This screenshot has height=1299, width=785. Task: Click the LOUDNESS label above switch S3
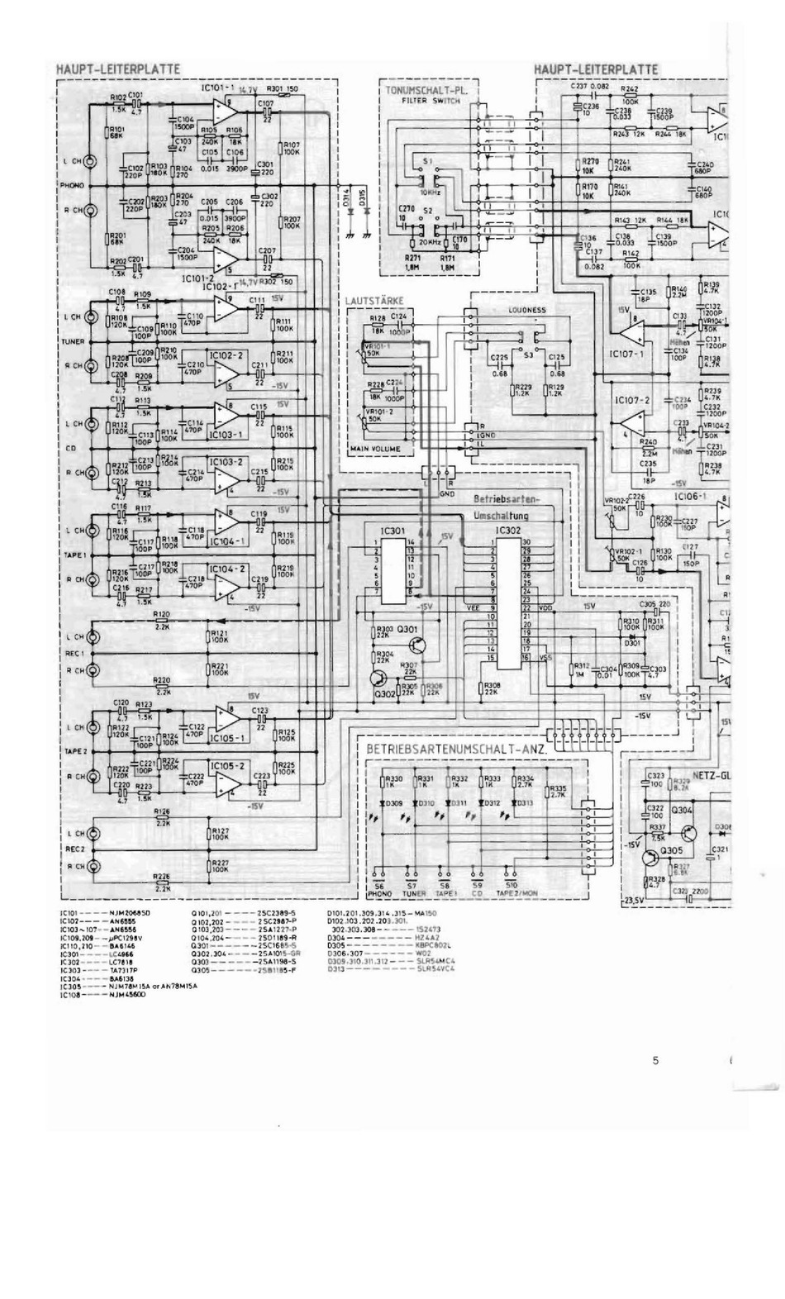click(x=527, y=310)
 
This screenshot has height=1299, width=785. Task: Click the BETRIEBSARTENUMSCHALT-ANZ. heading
click(x=459, y=749)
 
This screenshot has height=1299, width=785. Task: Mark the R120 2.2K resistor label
click(x=161, y=615)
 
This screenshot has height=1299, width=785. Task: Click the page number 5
click(x=655, y=1061)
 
